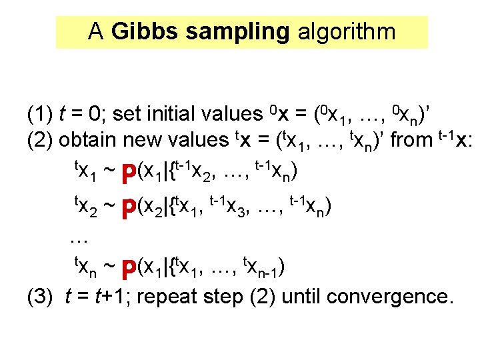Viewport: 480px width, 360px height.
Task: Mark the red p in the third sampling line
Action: click(129, 268)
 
